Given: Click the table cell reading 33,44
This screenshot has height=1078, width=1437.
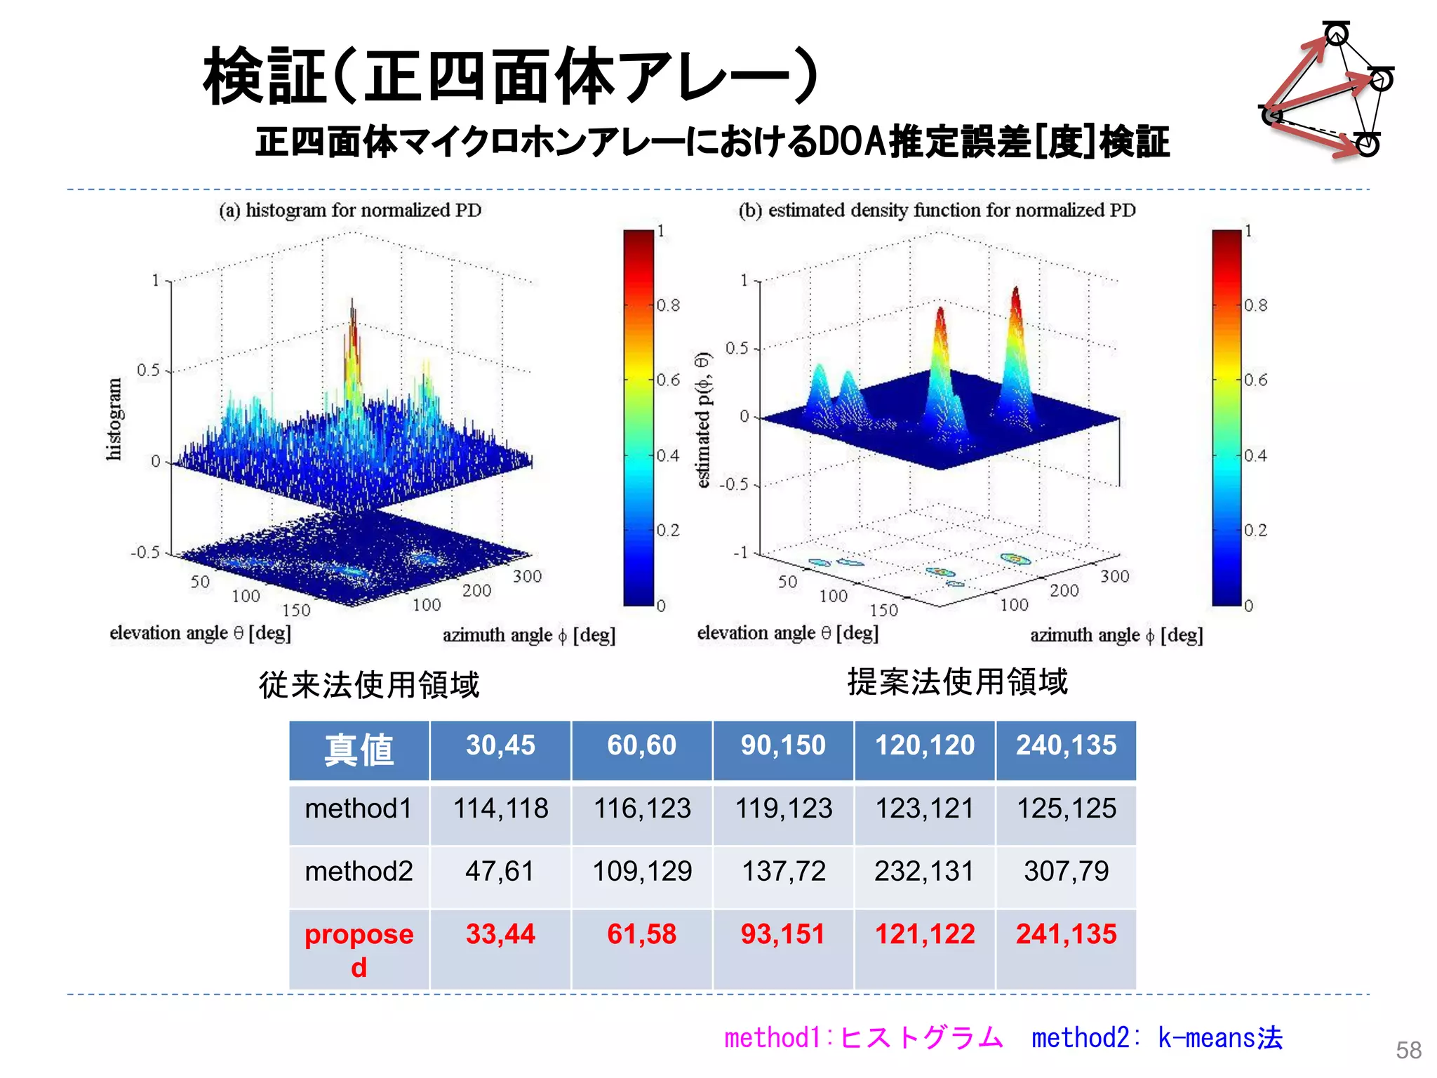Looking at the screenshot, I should [x=500, y=934].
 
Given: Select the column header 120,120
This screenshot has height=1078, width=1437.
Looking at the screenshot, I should [x=924, y=745].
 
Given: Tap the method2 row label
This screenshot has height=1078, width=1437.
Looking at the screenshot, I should [x=359, y=872].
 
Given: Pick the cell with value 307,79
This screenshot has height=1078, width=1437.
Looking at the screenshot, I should [x=1066, y=872].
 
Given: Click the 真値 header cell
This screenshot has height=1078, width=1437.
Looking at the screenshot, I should [x=359, y=750].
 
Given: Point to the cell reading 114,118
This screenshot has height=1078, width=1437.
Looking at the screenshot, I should [x=500, y=808].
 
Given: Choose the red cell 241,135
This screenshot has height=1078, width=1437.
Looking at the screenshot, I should [x=1066, y=934].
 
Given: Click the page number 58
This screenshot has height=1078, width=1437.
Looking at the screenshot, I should [x=1408, y=1050].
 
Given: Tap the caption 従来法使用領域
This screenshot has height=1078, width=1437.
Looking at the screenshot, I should [x=369, y=685].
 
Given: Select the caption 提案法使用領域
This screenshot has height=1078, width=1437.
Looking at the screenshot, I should [x=957, y=681].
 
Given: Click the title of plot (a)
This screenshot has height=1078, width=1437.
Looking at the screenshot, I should [x=350, y=211].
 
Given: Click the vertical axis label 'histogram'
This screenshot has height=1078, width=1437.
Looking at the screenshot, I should [x=114, y=419].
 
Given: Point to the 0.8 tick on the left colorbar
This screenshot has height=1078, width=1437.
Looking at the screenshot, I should [x=668, y=305].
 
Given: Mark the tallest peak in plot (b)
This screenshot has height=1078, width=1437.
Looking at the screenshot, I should [x=1015, y=291].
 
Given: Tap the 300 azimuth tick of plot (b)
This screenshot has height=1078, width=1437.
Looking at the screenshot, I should [x=1114, y=576].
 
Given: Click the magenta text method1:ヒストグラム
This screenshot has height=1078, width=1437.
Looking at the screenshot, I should [x=863, y=1038].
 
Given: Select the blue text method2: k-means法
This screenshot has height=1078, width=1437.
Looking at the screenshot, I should [x=1156, y=1038].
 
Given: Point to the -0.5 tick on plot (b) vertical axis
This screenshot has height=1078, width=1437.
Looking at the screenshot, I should [x=734, y=485].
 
